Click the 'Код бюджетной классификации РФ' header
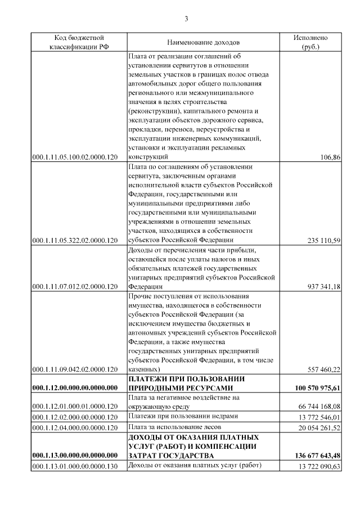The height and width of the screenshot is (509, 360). coord(79,42)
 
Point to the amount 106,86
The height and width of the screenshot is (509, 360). coord(330,157)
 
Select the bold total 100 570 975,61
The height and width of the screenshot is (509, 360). coord(318,388)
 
